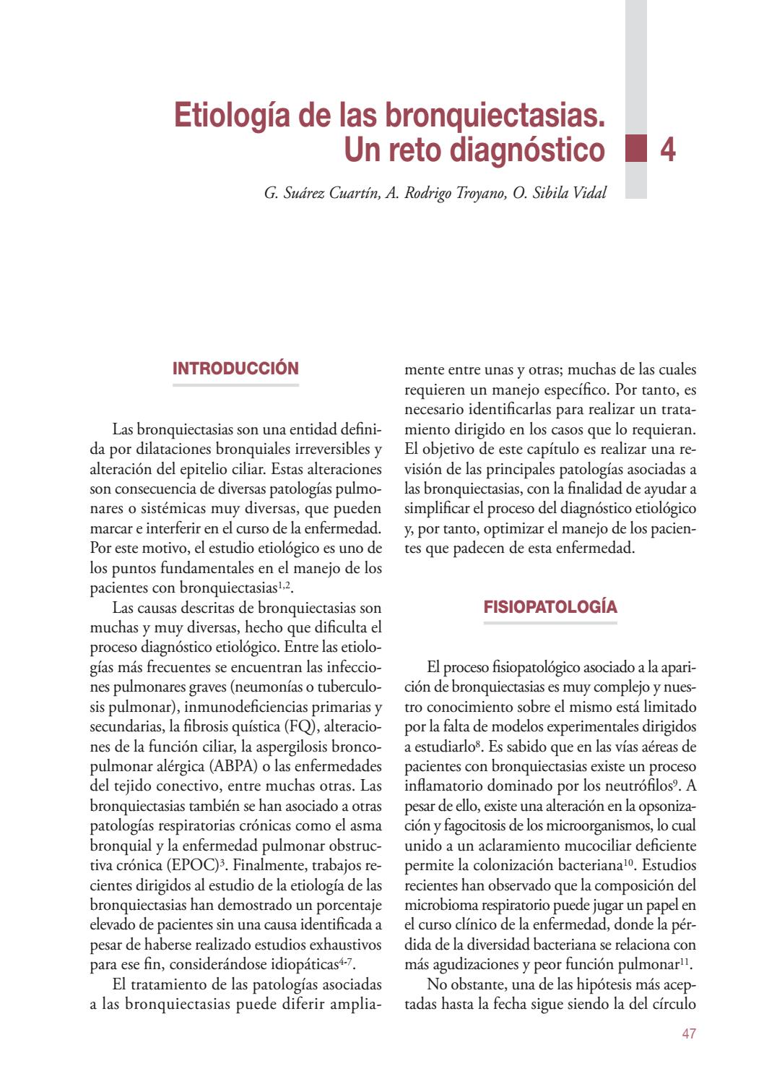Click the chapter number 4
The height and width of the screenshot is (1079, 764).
click(668, 150)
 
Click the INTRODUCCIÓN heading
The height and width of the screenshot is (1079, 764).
click(235, 368)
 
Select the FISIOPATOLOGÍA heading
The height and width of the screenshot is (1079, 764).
click(550, 606)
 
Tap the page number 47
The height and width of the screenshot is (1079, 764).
click(688, 1034)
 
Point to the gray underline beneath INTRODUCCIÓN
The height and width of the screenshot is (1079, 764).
click(235, 385)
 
